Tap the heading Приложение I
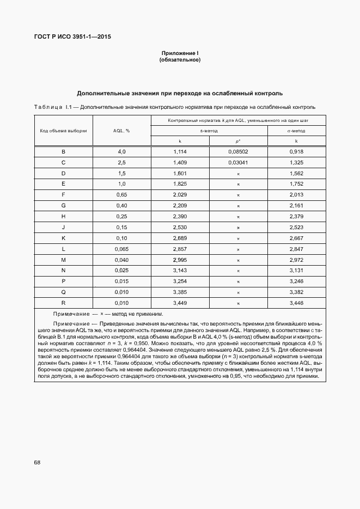coord(180,53)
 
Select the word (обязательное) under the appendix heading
coord(180,60)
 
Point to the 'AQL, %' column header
coord(121,131)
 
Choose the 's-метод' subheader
coord(209,131)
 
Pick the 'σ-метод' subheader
coord(296,131)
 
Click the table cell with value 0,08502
coord(238,151)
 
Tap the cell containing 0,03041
coord(238,162)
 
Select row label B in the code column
coord(63,151)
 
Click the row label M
coord(63,260)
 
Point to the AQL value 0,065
coord(121,249)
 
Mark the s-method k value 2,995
coord(180,260)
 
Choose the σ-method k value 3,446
coord(296,302)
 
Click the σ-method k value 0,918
coord(296,151)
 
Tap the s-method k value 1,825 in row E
coord(180,184)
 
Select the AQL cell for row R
coord(121,302)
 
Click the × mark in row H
coord(238,217)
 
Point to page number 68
coord(37,462)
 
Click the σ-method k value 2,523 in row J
coord(296,228)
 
